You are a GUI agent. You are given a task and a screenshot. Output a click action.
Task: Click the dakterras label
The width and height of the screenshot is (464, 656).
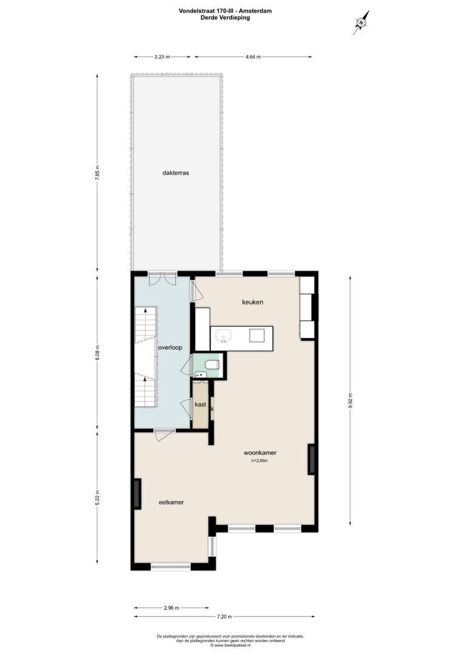point(176,173)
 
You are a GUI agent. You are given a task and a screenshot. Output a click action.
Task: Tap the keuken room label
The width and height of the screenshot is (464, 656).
point(253,302)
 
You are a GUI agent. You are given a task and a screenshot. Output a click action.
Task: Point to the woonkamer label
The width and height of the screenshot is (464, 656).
point(260,453)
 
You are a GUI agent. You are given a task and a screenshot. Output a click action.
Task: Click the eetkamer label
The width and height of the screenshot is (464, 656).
point(171,502)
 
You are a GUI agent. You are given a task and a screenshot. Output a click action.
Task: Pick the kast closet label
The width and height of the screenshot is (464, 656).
point(200,404)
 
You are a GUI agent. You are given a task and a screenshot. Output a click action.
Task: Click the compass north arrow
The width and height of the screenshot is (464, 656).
point(361,23)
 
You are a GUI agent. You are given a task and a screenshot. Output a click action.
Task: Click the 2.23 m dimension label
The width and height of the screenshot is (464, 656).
point(162,57)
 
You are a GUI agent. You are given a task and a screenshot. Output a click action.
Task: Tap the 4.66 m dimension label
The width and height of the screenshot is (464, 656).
point(253,57)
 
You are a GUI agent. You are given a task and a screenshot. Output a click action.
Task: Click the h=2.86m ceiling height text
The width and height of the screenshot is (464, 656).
point(259,461)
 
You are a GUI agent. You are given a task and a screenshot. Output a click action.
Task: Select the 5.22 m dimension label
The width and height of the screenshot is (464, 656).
point(97,501)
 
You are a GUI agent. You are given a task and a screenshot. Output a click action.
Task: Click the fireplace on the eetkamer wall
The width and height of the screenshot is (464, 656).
point(137,494)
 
